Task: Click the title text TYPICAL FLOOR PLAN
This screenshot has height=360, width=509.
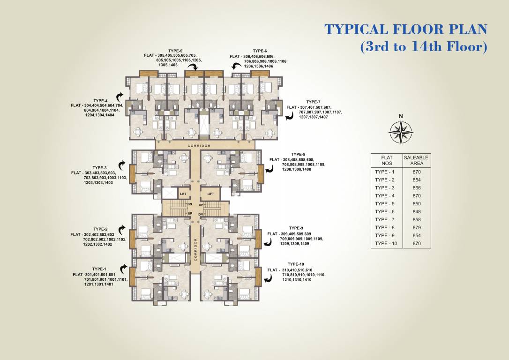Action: point(406,29)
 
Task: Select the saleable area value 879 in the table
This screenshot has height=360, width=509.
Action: point(416,227)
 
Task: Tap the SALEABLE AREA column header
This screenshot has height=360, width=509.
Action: point(416,161)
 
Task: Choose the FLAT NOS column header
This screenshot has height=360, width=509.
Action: point(387,161)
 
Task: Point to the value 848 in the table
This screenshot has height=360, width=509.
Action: point(416,211)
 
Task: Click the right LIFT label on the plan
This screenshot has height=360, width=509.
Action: point(211,194)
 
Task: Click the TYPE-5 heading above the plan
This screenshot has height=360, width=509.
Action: point(175,50)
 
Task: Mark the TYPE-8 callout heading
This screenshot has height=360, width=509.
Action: point(298,154)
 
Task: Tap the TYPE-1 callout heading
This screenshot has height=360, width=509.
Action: point(99,269)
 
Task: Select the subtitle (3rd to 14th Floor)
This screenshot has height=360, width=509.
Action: point(424,47)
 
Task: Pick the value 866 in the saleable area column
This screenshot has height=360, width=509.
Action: point(416,187)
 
